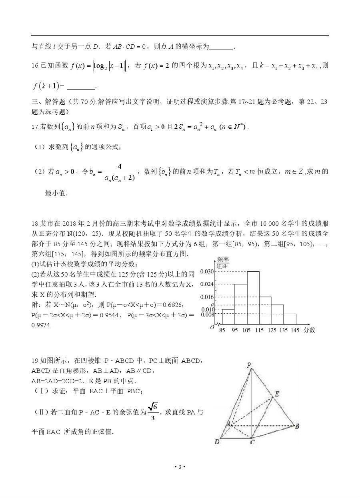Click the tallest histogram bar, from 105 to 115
(253, 298)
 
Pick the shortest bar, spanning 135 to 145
(290, 319)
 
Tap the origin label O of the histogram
(212, 328)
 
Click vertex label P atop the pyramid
(249, 365)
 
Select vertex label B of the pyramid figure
(297, 426)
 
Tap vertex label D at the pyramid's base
(217, 442)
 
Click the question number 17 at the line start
(34, 127)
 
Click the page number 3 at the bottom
(180, 467)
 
